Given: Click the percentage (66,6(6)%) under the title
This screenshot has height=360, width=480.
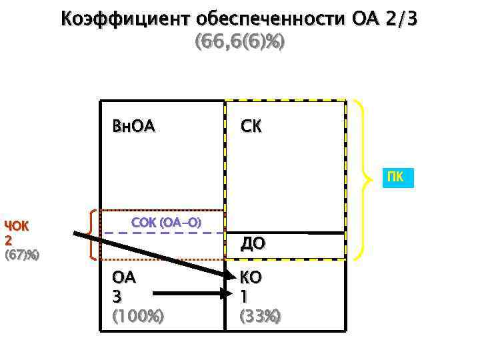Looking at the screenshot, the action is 239,42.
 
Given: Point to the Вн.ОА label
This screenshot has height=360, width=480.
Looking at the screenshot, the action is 134,126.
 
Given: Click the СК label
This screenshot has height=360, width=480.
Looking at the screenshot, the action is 251,126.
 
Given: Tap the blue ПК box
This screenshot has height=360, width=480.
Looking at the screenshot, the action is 398,178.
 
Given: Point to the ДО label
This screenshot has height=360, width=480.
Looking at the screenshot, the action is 253,244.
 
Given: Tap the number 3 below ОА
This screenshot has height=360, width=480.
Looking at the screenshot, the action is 118,296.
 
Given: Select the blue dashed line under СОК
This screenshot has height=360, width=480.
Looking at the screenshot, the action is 163,233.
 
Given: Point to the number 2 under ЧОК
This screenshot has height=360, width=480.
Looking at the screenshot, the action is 9,239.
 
